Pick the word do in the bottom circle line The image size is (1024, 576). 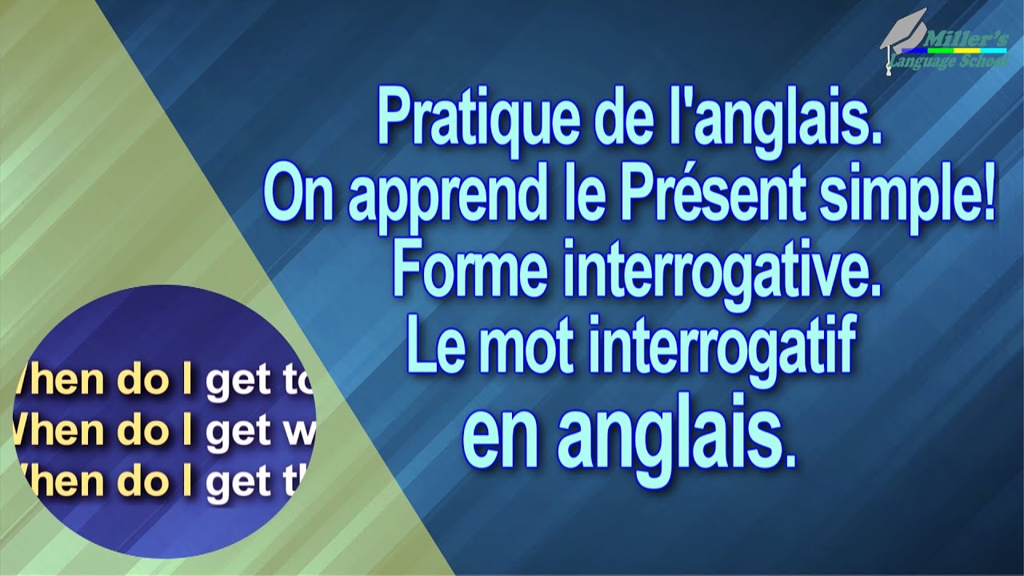[x=142, y=482]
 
